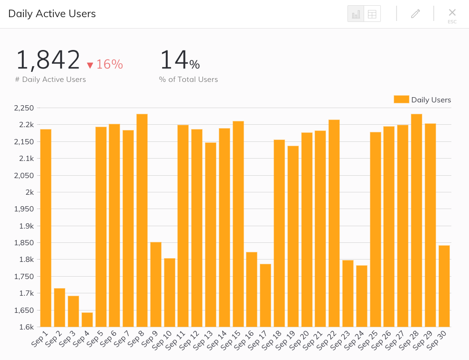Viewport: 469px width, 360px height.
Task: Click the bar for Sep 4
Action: pos(87,320)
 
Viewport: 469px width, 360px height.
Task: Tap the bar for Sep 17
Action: pos(265,295)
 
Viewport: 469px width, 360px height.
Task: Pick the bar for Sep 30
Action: pos(444,286)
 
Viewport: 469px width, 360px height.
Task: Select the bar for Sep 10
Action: pos(170,292)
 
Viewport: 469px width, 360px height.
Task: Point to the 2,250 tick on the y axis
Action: pos(24,108)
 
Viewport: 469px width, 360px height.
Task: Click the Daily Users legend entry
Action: pos(422,100)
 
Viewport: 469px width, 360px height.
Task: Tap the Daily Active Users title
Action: pos(52,14)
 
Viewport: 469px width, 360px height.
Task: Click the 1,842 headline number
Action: pos(48,60)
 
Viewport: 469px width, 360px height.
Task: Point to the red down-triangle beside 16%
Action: pos(90,65)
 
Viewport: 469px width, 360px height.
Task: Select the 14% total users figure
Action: pos(180,60)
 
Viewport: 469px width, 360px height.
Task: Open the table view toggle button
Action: pos(372,14)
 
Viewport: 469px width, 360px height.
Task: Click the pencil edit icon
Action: pos(416,14)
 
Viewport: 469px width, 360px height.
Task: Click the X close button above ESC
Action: pos(452,12)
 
